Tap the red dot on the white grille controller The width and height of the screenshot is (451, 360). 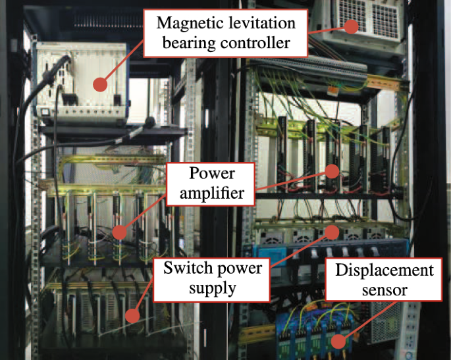pyautogui.click(x=353, y=26)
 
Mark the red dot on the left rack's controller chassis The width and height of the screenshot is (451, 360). pyautogui.click(x=99, y=84)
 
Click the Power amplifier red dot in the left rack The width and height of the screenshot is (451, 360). pyautogui.click(x=120, y=232)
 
